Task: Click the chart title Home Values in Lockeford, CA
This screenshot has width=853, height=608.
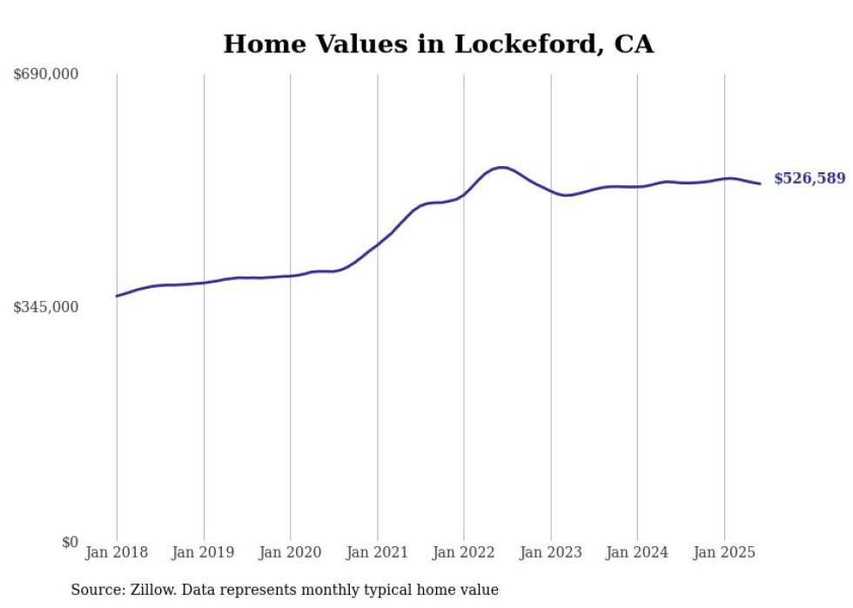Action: click(x=438, y=43)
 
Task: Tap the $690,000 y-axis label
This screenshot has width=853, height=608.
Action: click(x=46, y=75)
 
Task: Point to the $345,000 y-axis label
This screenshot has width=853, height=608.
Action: click(x=46, y=307)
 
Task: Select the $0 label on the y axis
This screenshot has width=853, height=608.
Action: click(x=70, y=542)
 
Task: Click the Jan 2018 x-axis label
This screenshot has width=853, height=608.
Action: click(x=117, y=552)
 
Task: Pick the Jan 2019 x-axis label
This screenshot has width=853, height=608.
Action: click(x=204, y=552)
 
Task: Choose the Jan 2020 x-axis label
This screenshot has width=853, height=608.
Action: click(x=290, y=552)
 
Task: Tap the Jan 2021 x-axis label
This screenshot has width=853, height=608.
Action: click(x=377, y=552)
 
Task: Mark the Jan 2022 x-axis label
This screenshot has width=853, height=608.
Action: click(x=464, y=552)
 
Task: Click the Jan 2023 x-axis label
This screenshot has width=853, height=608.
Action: click(x=550, y=552)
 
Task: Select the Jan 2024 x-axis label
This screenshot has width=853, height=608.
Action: click(x=637, y=552)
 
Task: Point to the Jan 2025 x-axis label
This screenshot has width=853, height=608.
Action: click(x=724, y=552)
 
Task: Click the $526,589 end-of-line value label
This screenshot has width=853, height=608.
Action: click(x=809, y=178)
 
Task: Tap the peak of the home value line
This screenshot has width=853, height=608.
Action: click(x=500, y=167)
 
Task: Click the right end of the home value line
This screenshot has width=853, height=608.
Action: click(x=760, y=184)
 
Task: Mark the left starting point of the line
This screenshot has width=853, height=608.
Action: click(x=117, y=296)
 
